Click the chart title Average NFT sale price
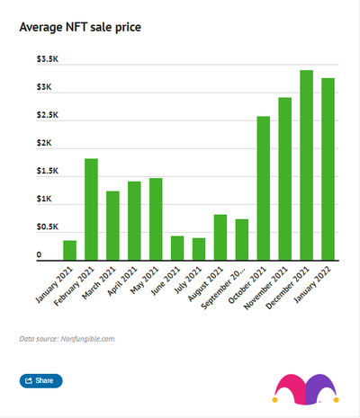click(x=80, y=27)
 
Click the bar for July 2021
click(x=199, y=248)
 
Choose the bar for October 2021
click(x=264, y=188)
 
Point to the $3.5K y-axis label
click(x=48, y=59)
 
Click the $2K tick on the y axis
click(x=44, y=143)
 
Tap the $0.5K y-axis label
click(x=48, y=227)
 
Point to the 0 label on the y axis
click(x=40, y=255)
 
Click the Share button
click(x=40, y=381)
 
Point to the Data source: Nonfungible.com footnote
click(x=67, y=339)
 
